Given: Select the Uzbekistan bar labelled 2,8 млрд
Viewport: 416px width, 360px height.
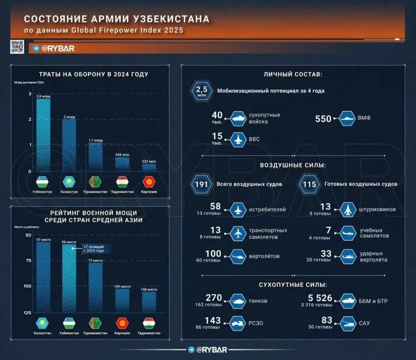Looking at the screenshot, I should tap(43, 135).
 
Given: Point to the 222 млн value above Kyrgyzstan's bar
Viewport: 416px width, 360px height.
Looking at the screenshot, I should tap(149, 161).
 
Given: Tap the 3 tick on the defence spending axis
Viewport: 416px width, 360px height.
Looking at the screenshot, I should tap(29, 95).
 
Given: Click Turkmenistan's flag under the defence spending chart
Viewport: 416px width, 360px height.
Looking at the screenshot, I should tap(95, 181).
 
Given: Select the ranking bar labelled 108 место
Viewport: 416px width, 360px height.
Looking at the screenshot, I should tap(149, 302).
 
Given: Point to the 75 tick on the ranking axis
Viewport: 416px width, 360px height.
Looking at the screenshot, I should tap(28, 261).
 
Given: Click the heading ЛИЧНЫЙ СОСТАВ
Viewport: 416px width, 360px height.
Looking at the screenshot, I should tap(293, 74).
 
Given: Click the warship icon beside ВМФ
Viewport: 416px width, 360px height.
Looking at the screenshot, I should tap(347, 119).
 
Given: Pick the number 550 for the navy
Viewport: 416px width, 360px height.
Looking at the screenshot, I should tap(323, 119).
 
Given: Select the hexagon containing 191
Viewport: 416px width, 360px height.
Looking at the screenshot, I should tap(201, 185).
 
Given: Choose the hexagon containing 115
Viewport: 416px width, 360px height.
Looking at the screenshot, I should tap(309, 185).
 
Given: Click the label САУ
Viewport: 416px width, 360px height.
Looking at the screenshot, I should tap(365, 324).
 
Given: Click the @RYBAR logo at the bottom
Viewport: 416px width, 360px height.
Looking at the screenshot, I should tap(208, 350).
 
